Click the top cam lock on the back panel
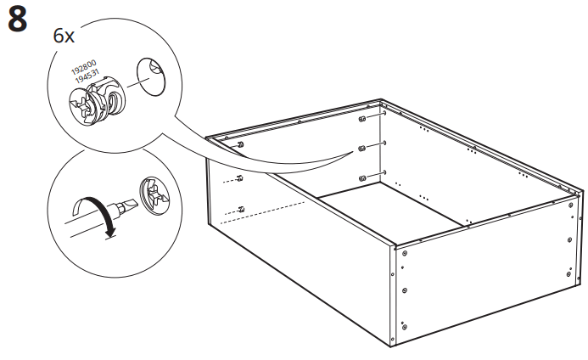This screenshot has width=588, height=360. [362, 120]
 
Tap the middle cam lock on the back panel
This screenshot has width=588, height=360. [362, 148]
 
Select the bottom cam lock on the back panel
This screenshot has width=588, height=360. [362, 177]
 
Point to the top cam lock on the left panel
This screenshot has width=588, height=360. [241, 145]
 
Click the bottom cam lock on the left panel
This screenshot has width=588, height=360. [241, 208]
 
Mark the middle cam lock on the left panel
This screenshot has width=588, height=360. [241, 177]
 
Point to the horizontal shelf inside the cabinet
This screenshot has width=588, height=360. [390, 208]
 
